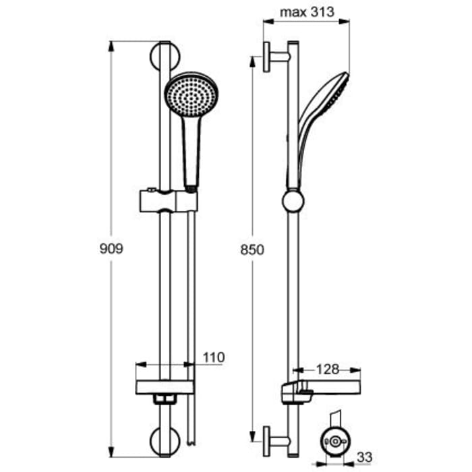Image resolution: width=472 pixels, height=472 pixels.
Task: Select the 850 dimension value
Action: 252,249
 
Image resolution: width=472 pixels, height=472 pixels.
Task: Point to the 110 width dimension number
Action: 214,357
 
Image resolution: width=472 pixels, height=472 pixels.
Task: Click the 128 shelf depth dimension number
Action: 328,369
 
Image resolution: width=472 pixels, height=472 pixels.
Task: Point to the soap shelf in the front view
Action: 165,387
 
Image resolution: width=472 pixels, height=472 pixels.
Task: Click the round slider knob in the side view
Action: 293,200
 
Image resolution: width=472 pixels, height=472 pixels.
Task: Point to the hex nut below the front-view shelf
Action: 163,401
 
